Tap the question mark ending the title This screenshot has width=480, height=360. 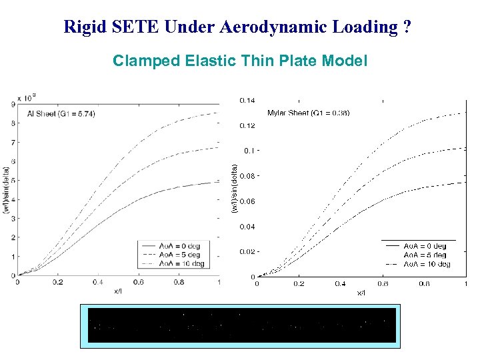[407, 27]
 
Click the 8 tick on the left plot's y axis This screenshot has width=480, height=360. [13, 123]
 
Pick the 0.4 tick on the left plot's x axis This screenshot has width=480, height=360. [97, 282]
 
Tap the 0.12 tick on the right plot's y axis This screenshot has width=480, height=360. [247, 125]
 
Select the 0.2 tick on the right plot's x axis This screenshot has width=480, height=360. [299, 284]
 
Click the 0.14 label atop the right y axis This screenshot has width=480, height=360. [247, 101]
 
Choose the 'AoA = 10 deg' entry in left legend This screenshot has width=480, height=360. [180, 263]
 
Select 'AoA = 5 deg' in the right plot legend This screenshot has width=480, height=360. [425, 255]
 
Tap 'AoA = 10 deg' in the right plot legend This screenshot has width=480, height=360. [427, 264]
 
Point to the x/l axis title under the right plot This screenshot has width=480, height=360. [361, 293]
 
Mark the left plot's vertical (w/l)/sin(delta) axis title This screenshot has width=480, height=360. [6, 189]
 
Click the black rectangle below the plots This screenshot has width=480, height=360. [240, 325]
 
